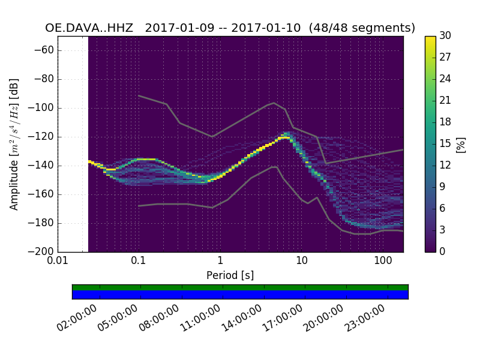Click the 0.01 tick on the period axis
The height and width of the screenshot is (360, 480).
58,261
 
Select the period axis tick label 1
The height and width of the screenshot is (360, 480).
220,261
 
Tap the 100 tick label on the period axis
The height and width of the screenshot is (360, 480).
383,261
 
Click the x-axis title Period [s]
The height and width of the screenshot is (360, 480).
230,275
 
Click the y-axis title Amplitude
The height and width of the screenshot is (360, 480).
14,144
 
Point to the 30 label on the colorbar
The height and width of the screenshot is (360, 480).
445,36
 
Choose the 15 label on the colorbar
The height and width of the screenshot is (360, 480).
445,143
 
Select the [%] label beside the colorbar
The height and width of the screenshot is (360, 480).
461,144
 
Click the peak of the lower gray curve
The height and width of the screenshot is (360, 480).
274,167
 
